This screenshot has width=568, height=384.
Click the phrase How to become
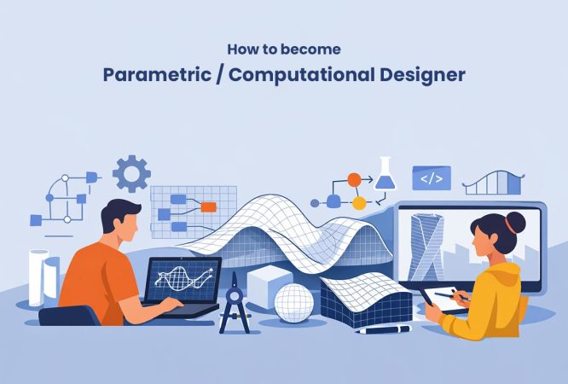click(x=283, y=49)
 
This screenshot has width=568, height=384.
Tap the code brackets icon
click(x=431, y=177)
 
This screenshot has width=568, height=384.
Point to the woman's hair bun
click(x=513, y=224)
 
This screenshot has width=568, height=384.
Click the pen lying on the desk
click(x=384, y=329)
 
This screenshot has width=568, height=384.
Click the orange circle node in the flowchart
click(x=354, y=180)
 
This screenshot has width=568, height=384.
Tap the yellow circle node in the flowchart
click(x=359, y=203)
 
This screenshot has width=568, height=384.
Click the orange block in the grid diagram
click(x=207, y=207)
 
